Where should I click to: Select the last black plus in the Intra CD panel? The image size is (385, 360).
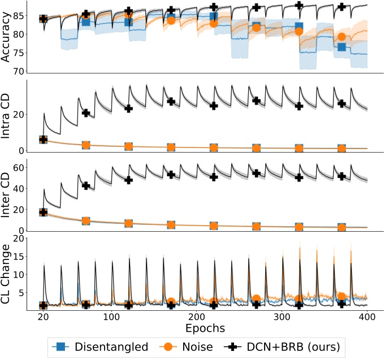(x=341, y=103)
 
